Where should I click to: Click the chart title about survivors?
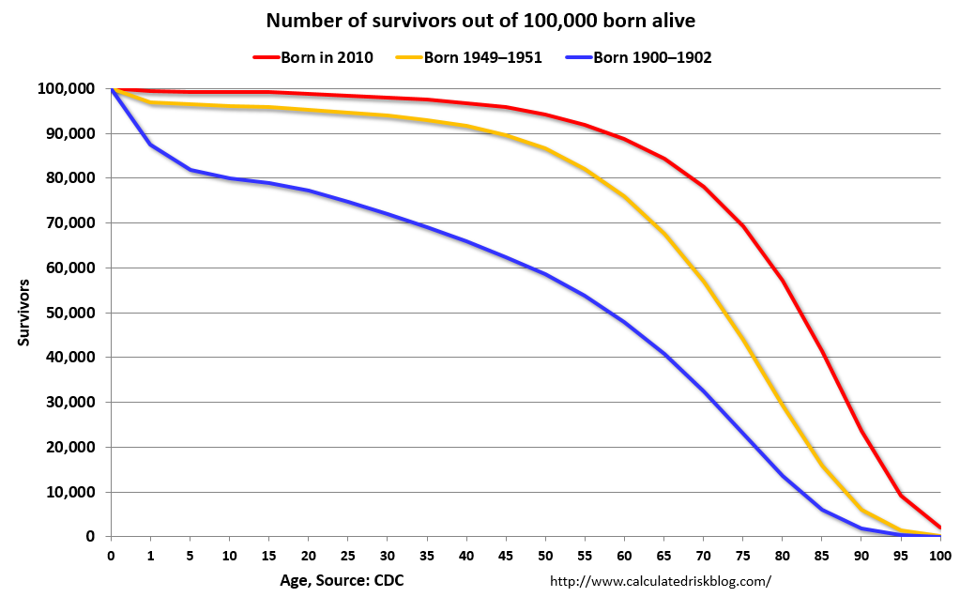[x=480, y=20]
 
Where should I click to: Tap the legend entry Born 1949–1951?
[x=478, y=57]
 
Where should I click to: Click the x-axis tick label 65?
[x=663, y=555]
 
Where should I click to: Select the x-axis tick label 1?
[x=151, y=555]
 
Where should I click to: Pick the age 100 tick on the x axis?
[x=939, y=555]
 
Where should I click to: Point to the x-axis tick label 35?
[x=427, y=555]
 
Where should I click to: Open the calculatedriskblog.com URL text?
[x=660, y=580]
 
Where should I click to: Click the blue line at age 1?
[x=151, y=144]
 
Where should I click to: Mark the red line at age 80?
[x=783, y=281]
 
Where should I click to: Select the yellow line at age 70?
[x=704, y=283]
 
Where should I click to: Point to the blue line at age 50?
[x=545, y=274]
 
